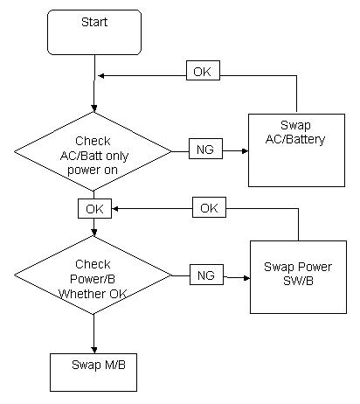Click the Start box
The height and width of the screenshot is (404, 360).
pos(94,32)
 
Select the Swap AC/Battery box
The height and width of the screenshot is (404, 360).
pos(296,150)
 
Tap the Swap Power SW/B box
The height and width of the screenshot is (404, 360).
pos(298,277)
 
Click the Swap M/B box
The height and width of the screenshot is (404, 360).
pos(93,373)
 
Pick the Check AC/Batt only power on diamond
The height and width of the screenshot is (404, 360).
pos(93,151)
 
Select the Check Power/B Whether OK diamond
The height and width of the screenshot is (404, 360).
pos(93,275)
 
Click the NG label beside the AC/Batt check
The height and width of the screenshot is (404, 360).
pos(205,149)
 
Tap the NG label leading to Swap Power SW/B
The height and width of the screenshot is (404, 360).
pos(206,275)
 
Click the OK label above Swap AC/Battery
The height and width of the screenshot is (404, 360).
pos(203,70)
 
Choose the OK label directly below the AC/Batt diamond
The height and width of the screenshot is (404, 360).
pos(94,208)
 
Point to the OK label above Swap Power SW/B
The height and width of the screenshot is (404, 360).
pos(209,207)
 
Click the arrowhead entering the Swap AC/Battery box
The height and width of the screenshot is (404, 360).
pos(245,151)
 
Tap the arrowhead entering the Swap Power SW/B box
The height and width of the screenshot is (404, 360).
pos(246,278)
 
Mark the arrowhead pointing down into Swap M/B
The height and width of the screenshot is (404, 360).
pos(93,350)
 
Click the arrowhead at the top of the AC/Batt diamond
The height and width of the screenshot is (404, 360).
pos(93,108)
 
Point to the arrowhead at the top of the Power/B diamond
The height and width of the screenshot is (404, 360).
pos(93,232)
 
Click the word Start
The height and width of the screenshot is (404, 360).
pos(94,22)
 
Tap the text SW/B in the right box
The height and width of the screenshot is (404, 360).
pos(298,281)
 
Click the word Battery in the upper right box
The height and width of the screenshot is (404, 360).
pos(306,139)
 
